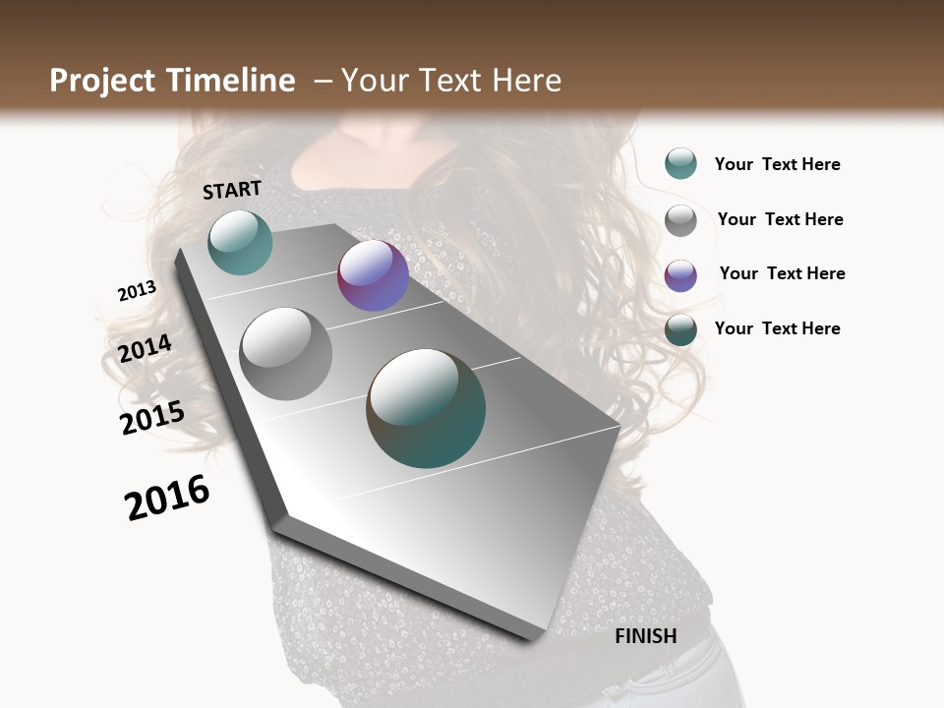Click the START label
[x=232, y=190]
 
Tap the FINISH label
[x=645, y=636]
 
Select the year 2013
[x=137, y=291]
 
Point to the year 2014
[x=145, y=349]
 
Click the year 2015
[x=151, y=418]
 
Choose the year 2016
[x=167, y=498]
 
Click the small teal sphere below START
[x=240, y=242]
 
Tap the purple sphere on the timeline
[x=373, y=275]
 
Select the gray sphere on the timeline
[x=285, y=353]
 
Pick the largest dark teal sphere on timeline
[x=426, y=408]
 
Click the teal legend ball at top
[x=680, y=163]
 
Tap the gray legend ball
[x=680, y=219]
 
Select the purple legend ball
[x=680, y=274]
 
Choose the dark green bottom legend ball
[x=680, y=329]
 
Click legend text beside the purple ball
[x=782, y=273]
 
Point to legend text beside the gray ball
[x=780, y=219]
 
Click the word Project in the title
[x=102, y=81]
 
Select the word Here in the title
[x=526, y=81]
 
